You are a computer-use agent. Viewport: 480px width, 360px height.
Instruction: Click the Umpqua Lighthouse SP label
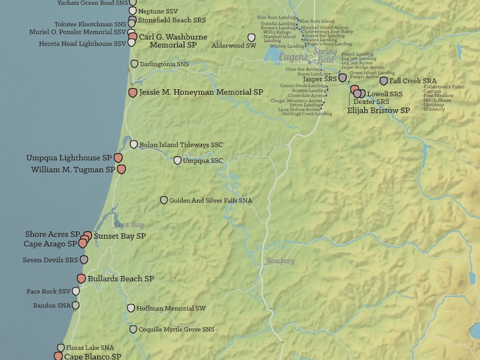[69, 158]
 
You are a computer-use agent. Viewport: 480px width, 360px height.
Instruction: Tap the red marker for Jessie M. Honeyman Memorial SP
[133, 92]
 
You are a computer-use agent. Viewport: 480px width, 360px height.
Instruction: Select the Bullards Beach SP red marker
[81, 278]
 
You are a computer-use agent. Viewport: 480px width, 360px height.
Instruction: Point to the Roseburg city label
[281, 261]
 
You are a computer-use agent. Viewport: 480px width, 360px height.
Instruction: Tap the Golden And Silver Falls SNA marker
[163, 200]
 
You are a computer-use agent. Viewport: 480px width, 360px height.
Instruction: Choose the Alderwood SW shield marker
[251, 37]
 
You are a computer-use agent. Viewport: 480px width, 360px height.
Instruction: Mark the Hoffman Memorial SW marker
[131, 308]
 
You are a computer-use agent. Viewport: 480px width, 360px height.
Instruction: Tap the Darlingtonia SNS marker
[134, 63]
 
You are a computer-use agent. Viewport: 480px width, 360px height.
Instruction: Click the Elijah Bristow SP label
[378, 111]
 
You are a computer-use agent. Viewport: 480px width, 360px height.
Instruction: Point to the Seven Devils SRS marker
[84, 259]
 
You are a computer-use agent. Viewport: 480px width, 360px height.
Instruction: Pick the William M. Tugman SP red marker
[121, 170]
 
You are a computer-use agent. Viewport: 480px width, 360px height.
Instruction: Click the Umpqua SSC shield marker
[177, 161]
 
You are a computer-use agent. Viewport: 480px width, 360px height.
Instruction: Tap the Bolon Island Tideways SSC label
[181, 145]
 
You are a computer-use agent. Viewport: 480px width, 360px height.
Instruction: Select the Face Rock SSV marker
[76, 291]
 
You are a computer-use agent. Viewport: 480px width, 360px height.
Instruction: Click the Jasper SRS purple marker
[343, 77]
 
